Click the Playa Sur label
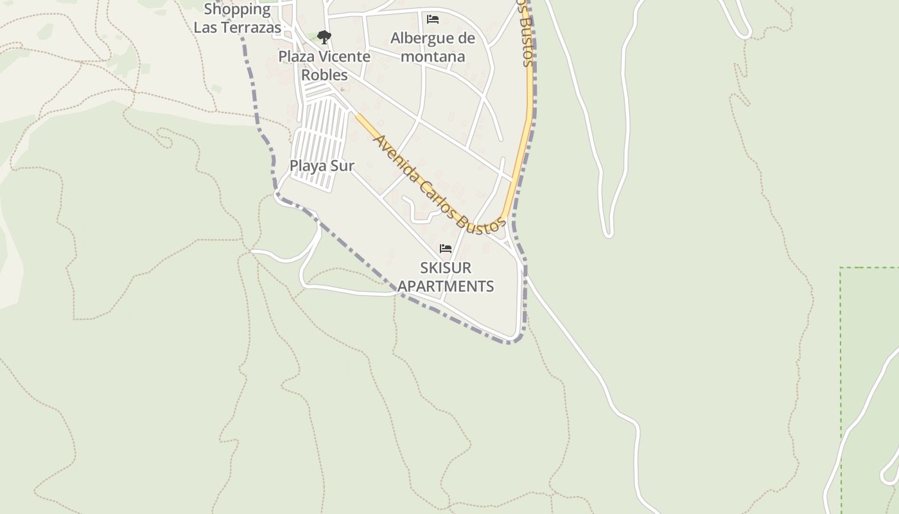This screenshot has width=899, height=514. [x=322, y=166]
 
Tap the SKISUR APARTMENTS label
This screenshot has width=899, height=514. [x=446, y=277]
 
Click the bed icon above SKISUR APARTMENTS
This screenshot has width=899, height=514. [x=446, y=249]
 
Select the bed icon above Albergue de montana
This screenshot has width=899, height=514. [x=433, y=19]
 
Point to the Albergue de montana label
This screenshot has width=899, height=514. [x=433, y=47]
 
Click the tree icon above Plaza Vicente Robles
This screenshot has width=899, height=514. [x=324, y=37]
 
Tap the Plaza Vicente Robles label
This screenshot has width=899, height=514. [x=324, y=66]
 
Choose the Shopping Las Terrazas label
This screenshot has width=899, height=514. [x=238, y=18]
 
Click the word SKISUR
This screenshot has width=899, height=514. [x=446, y=267]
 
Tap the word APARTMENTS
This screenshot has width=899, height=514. [x=446, y=286]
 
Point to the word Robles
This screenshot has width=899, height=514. [x=324, y=75]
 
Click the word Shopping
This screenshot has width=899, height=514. [x=238, y=9]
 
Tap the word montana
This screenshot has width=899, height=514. [x=433, y=57]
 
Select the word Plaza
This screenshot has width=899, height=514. [x=297, y=57]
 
